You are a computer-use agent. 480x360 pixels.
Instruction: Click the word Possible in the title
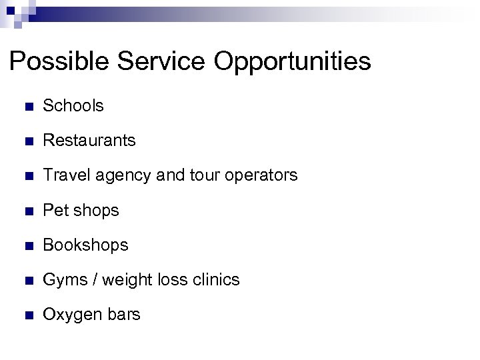click(x=59, y=62)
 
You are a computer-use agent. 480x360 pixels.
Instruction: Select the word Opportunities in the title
click(x=293, y=62)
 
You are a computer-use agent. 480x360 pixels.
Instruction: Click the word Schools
click(x=73, y=105)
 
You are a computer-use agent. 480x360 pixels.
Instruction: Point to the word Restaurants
click(x=89, y=141)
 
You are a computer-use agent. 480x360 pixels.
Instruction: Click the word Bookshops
click(x=85, y=245)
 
